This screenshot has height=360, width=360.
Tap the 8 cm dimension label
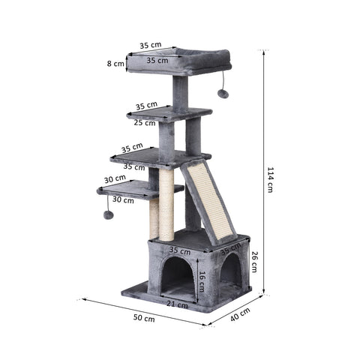pyautogui.click(x=115, y=64)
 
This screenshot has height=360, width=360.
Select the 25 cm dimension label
pyautogui.click(x=145, y=121)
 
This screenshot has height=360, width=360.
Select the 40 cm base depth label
pyautogui.click(x=240, y=315)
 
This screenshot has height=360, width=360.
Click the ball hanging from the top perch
pyautogui.click(x=223, y=94)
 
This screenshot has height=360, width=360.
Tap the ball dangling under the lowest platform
pyautogui.click(x=108, y=215)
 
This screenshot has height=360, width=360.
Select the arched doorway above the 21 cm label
pyautogui.click(x=177, y=276)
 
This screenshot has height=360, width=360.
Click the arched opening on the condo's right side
pyautogui.click(x=231, y=270)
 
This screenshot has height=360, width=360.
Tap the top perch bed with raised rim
pyautogui.click(x=178, y=61)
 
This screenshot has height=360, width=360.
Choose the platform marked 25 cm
pyautogui.click(x=169, y=114)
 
